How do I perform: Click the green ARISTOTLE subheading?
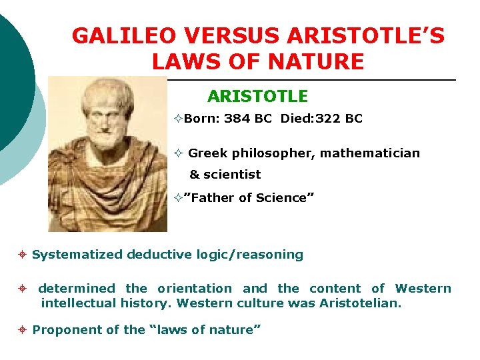(x=257, y=97)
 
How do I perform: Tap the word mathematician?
(x=370, y=153)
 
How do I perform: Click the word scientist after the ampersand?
(x=232, y=175)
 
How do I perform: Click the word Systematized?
(x=77, y=255)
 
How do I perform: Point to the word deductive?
(x=157, y=255)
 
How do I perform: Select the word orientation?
(x=194, y=289)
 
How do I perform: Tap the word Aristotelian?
(x=365, y=303)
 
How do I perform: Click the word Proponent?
(x=63, y=329)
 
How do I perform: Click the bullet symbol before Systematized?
(x=23, y=255)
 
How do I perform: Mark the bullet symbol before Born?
(x=177, y=119)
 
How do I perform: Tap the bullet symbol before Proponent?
(x=23, y=329)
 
